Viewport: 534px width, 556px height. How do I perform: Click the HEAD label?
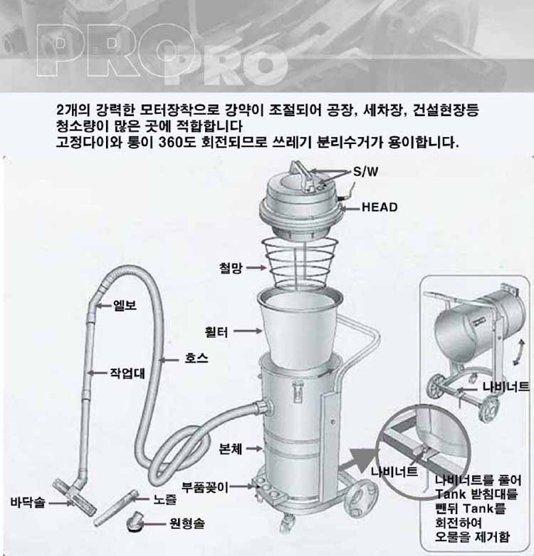(x=379, y=207)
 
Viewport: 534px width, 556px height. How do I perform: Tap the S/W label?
(x=366, y=172)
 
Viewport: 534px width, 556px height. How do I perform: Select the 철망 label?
(x=231, y=268)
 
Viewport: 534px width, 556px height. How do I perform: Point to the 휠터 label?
(x=216, y=332)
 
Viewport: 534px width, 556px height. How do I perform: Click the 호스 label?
(x=197, y=358)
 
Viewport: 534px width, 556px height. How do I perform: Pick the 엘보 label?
(x=125, y=305)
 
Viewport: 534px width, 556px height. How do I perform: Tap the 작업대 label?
(x=127, y=373)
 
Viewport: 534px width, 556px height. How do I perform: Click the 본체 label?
(x=231, y=449)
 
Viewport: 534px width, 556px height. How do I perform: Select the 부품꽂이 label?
(x=205, y=487)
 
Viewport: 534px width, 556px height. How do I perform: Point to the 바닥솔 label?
(x=28, y=502)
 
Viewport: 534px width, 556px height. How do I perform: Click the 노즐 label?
(x=164, y=500)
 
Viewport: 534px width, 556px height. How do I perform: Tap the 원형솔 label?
(x=187, y=523)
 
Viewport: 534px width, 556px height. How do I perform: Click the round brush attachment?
(x=135, y=520)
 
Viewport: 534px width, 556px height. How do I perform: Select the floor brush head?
(x=74, y=496)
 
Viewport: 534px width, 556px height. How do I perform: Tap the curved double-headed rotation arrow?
(x=518, y=351)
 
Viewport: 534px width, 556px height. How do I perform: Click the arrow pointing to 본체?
(x=255, y=448)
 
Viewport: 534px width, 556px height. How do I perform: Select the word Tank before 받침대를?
(x=450, y=494)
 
